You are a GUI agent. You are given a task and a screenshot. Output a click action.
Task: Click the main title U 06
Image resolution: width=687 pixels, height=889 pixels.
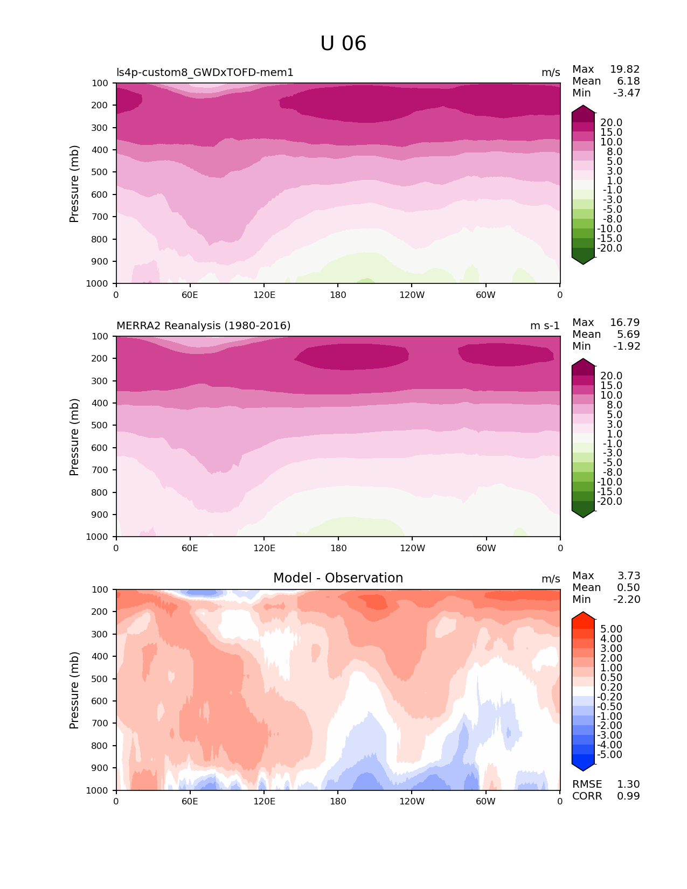point(343,44)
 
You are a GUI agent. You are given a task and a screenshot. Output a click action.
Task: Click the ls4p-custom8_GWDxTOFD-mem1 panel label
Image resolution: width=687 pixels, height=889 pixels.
point(205,72)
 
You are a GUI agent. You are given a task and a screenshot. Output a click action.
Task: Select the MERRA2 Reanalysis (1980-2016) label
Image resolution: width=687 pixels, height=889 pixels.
point(203,325)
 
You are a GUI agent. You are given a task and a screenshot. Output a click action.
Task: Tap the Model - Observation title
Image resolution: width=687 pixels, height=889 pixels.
point(338,578)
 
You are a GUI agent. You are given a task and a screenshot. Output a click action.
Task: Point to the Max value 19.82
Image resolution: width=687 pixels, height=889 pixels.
point(624,69)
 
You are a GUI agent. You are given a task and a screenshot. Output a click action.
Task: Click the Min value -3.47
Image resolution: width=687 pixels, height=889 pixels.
point(627,93)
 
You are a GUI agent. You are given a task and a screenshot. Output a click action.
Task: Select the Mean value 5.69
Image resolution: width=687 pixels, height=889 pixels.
point(628,334)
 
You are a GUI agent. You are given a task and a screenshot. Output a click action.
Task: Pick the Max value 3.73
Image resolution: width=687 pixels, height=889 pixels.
point(629,575)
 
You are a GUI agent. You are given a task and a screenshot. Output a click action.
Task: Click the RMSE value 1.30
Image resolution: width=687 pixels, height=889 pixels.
point(628,784)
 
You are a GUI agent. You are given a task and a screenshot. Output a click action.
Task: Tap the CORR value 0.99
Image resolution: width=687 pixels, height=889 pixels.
point(628,796)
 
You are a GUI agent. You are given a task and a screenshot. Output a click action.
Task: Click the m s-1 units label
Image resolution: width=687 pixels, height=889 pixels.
point(545,325)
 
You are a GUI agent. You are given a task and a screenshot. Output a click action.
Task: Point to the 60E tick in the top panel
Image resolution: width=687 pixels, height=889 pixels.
point(190,295)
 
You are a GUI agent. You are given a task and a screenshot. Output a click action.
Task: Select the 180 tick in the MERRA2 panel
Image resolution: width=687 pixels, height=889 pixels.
point(338,548)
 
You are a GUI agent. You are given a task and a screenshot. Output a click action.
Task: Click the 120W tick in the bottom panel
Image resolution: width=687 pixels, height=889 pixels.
point(412,801)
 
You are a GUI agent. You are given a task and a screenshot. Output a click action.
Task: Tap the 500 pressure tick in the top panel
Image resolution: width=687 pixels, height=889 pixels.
point(101,172)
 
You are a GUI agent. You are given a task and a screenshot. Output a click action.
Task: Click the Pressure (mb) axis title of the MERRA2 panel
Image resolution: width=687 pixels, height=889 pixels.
point(74,436)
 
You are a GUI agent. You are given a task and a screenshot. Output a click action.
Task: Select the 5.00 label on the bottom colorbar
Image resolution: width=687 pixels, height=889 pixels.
point(611,629)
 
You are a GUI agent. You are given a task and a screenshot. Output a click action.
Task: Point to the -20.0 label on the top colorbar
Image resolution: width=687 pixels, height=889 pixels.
point(609,248)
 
